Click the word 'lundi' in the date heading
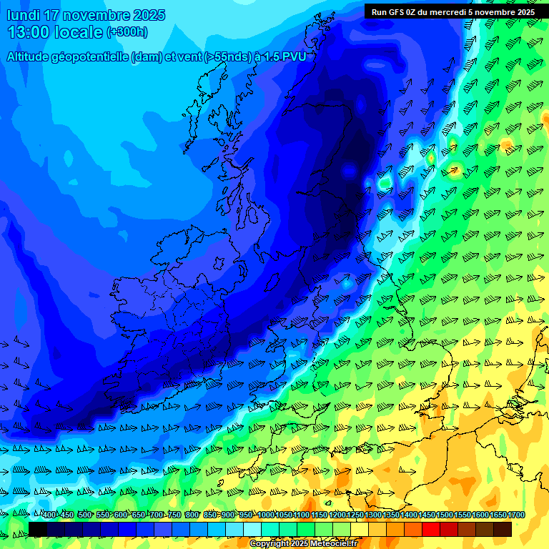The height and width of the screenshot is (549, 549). coord(23,15)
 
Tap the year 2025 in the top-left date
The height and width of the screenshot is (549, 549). coord(148,15)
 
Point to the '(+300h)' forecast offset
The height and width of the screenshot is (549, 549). coord(127,32)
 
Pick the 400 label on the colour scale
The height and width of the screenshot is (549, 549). coord(49,515)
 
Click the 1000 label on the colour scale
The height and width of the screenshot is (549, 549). coord(266,515)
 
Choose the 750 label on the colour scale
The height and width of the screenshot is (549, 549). coord(174,515)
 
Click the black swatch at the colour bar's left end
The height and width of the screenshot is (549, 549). coord(38,529)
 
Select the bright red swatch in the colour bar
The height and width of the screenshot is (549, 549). coord(431,529)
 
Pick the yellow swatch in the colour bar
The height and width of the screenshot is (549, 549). coord(360,529)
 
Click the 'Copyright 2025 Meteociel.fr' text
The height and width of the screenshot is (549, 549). coord(304,544)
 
